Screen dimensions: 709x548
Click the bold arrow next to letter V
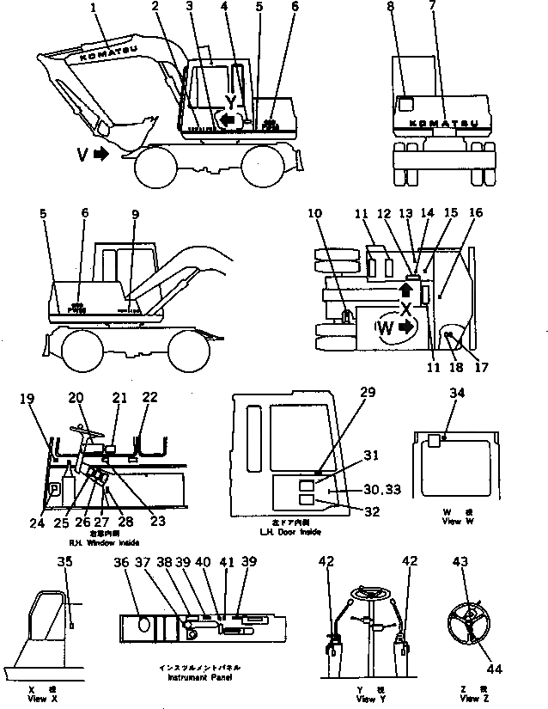[100, 155]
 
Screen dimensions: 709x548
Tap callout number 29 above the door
[368, 392]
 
